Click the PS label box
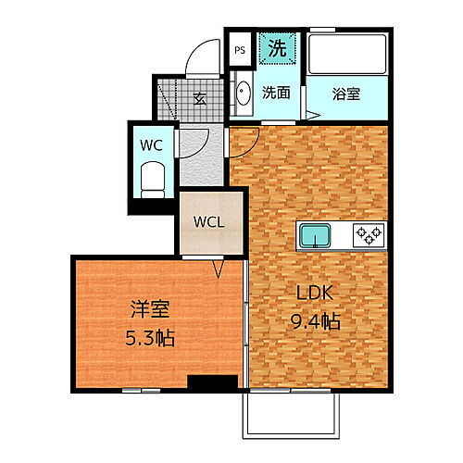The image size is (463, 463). click(239, 51)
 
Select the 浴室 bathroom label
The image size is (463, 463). click(347, 93)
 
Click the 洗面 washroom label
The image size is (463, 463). click(275, 93)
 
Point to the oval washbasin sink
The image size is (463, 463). click(243, 96)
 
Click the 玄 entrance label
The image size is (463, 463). click(199, 99)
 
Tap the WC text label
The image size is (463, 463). click(150, 144)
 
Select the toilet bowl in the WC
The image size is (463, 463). click(150, 177)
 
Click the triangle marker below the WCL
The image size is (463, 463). click(219, 269)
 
